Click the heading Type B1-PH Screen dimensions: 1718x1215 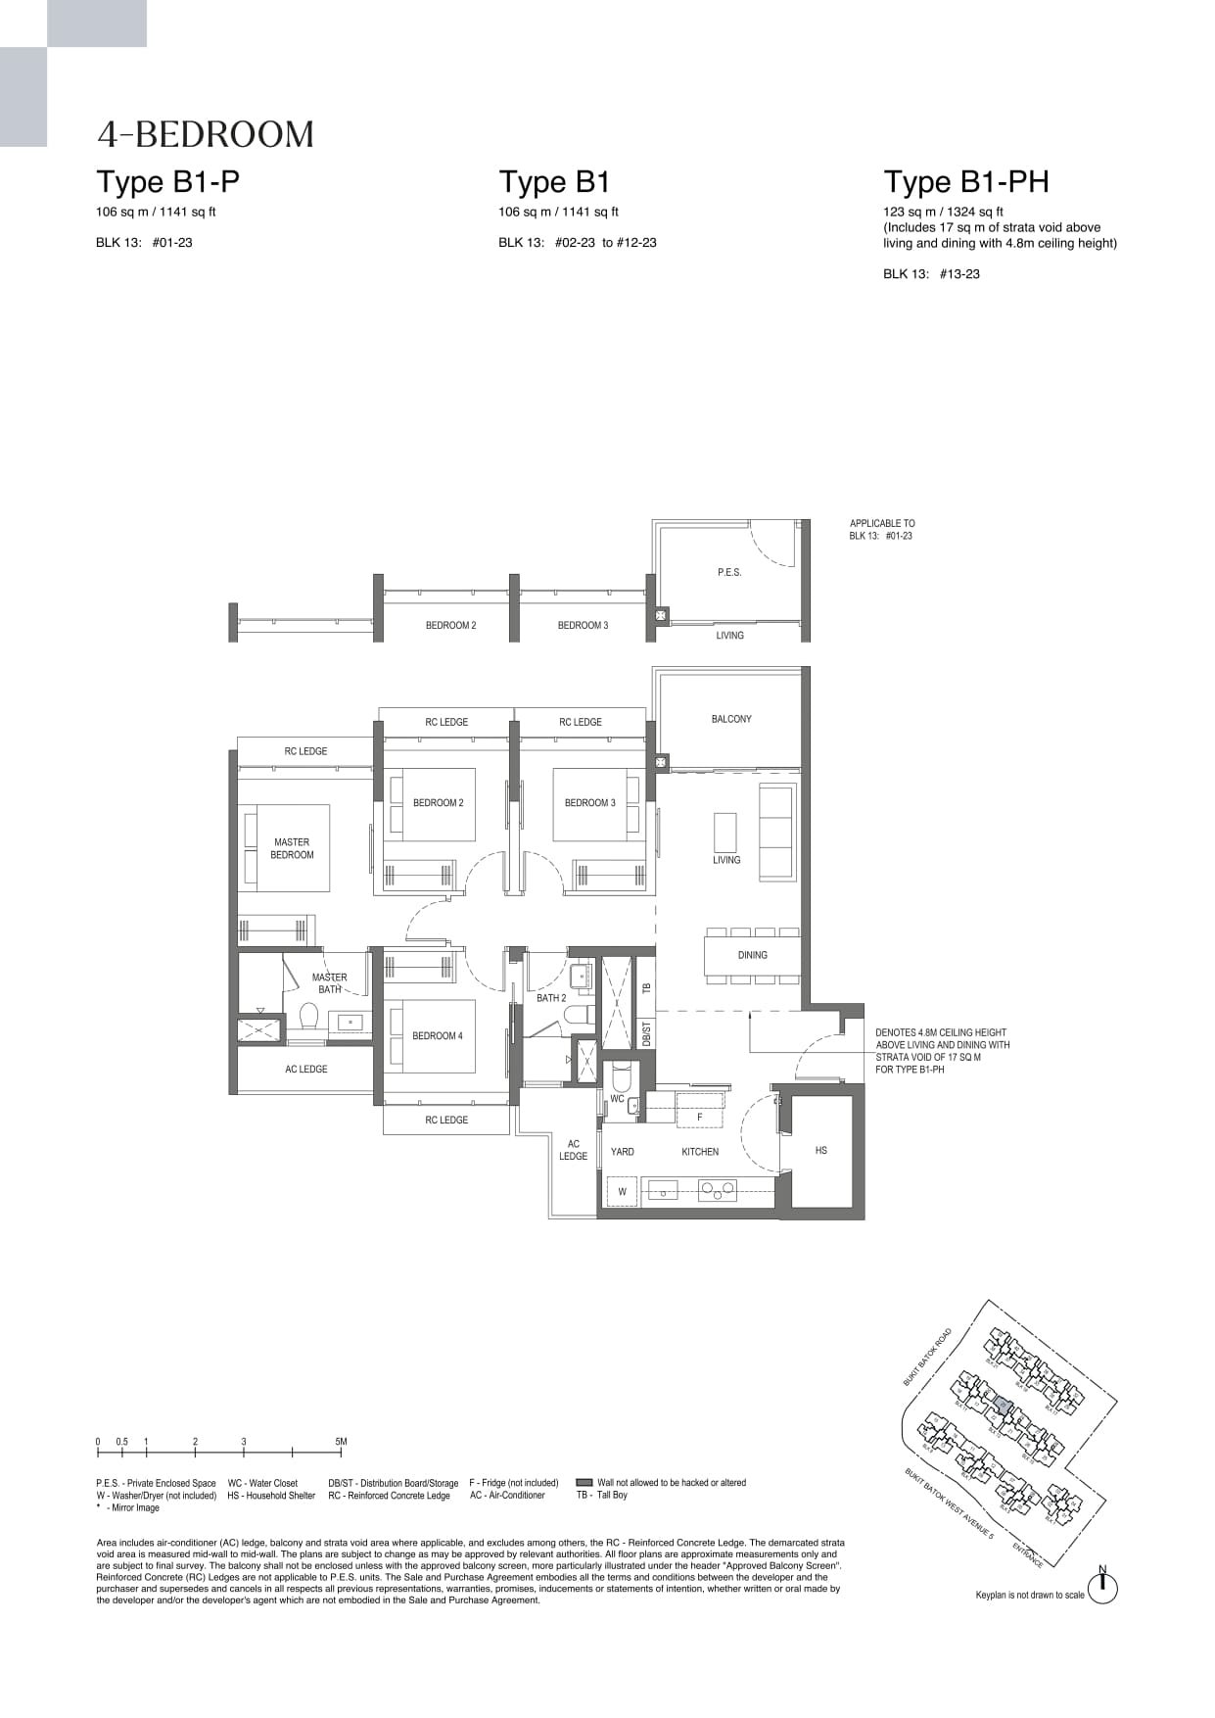[x=966, y=182]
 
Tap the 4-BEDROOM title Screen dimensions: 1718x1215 [x=206, y=134]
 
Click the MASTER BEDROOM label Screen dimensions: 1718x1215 [x=292, y=848]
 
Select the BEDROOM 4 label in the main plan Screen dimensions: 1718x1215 [x=437, y=1035]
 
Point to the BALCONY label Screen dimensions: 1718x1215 [x=731, y=719]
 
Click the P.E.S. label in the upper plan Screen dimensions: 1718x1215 [x=729, y=572]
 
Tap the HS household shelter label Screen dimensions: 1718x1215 [x=820, y=1150]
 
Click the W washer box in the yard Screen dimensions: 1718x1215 [x=622, y=1192]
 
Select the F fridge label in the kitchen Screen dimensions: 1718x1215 [x=699, y=1117]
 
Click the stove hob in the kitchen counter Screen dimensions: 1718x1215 [x=718, y=1191]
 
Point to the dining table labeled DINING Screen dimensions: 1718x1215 [x=752, y=955]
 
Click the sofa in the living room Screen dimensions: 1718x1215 [x=777, y=831]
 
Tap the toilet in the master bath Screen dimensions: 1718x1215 [x=309, y=1017]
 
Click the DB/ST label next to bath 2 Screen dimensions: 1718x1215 [x=646, y=1032]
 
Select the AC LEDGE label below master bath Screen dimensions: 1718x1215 [x=305, y=1069]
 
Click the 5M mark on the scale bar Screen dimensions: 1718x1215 [x=341, y=1442]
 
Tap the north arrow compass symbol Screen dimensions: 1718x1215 [x=1102, y=1588]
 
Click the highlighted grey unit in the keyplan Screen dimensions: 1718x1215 [x=1001, y=1406]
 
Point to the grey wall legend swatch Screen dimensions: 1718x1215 [x=584, y=1483]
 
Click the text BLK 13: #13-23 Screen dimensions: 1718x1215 [x=931, y=274]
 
